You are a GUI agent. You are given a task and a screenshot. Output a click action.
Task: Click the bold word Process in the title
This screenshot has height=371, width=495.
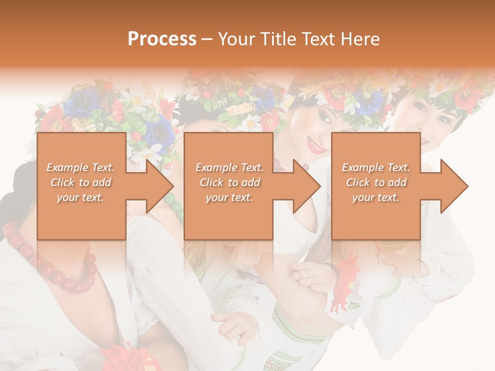pos(162,39)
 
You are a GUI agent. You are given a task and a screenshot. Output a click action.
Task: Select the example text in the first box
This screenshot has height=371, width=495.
pos(81,182)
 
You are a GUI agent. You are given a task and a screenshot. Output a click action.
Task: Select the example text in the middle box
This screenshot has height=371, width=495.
pos(229,182)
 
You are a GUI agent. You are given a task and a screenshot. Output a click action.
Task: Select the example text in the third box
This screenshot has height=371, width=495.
pos(376,182)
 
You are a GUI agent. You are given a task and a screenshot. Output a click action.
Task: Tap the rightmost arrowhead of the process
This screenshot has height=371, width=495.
pos(454,186)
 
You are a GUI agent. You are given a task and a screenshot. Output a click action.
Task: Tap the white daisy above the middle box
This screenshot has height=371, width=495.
pos(252,123)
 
